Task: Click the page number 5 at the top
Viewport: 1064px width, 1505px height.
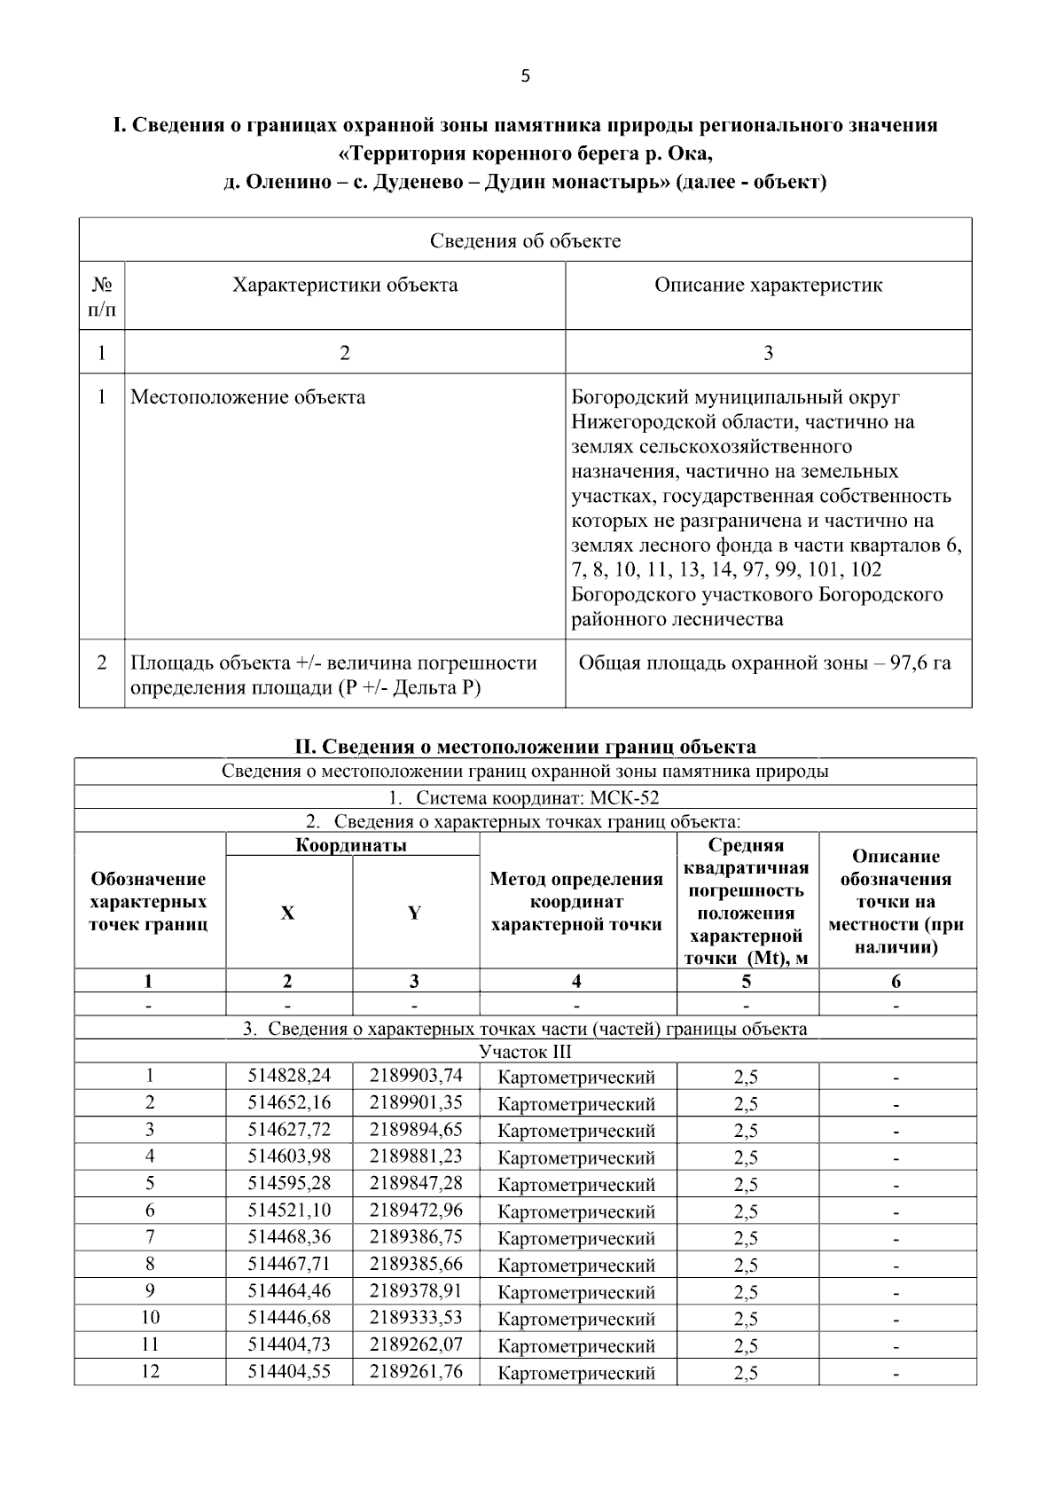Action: point(525,76)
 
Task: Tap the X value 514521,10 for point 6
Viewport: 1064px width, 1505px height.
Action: point(289,1210)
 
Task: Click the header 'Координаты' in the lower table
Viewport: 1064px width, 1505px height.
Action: point(351,845)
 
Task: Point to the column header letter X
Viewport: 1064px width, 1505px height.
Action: point(288,913)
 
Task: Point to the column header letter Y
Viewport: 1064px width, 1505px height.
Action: point(414,913)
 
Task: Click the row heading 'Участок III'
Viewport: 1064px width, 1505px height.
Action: point(525,1052)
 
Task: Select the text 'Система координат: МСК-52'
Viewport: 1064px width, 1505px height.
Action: point(537,797)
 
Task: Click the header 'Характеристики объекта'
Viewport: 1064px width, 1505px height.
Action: point(345,285)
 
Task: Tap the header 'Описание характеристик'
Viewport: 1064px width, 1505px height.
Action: point(768,285)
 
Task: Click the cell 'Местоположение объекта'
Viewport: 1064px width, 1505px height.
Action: point(248,396)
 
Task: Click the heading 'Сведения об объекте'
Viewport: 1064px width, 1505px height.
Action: point(525,240)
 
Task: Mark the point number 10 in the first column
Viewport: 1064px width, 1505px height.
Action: point(150,1317)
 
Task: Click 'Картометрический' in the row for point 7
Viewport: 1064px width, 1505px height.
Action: point(576,1237)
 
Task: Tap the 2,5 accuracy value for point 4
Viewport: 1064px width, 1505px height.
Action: point(746,1157)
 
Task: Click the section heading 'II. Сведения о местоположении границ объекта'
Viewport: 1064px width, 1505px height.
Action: point(525,746)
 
